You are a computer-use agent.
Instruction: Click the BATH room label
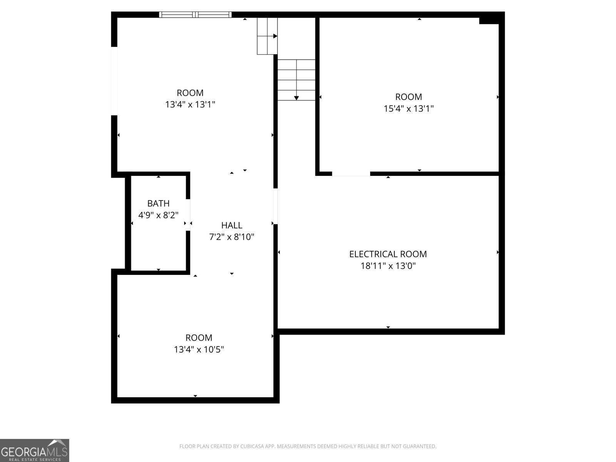click(x=158, y=203)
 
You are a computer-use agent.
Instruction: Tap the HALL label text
click(x=232, y=225)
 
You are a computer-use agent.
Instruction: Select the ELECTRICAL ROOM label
click(x=388, y=254)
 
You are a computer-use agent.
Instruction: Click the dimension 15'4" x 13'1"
click(x=408, y=109)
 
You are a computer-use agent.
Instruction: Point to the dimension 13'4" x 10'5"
click(x=199, y=350)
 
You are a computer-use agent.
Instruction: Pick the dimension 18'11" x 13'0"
click(x=388, y=266)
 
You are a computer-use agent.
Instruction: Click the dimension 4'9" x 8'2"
click(x=158, y=215)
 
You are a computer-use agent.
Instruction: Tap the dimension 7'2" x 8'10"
click(x=232, y=237)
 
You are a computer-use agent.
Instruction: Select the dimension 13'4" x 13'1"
click(x=190, y=104)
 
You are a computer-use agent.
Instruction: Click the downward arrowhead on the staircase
click(x=296, y=98)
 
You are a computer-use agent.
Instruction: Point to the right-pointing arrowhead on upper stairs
click(x=275, y=36)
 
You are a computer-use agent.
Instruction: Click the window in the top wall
click(x=195, y=15)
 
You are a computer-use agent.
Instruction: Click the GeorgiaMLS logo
click(x=34, y=450)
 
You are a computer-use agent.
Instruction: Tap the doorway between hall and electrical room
click(x=276, y=206)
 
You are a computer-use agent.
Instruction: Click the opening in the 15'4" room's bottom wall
click(x=351, y=174)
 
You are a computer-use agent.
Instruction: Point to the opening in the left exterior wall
click(x=114, y=81)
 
